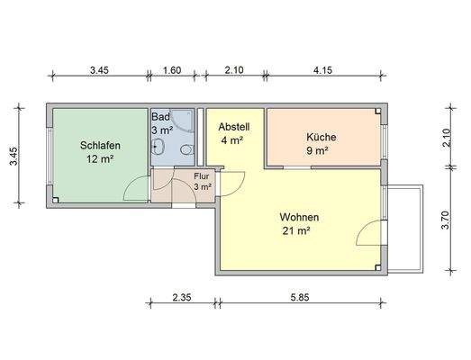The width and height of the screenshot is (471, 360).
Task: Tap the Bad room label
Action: click(160, 117)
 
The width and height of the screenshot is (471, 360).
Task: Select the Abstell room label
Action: click(232, 127)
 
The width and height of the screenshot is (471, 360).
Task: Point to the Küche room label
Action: click(321, 137)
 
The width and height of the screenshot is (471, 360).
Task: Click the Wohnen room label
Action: click(300, 217)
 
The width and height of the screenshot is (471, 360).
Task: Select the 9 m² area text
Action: click(317, 150)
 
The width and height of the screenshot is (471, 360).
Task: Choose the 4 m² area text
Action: click(232, 140)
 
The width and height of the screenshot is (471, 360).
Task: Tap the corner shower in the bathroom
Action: click(182, 121)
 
